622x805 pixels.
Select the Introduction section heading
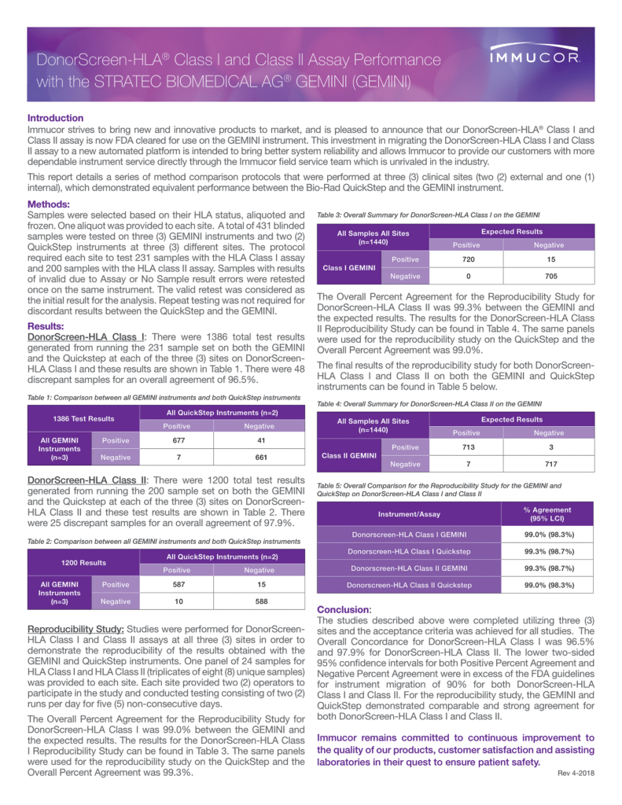[56, 117]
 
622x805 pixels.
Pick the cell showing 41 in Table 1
[259, 441]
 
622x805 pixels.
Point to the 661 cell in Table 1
[259, 457]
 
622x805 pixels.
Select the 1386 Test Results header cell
[83, 419]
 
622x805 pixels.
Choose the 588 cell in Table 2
[259, 601]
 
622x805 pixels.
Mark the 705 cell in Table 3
[548, 276]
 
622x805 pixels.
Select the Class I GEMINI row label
[348, 267]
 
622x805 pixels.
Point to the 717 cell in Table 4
[548, 464]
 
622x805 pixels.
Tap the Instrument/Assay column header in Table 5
[409, 514]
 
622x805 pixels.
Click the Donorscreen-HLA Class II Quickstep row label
[409, 585]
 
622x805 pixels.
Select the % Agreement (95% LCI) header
[548, 514]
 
